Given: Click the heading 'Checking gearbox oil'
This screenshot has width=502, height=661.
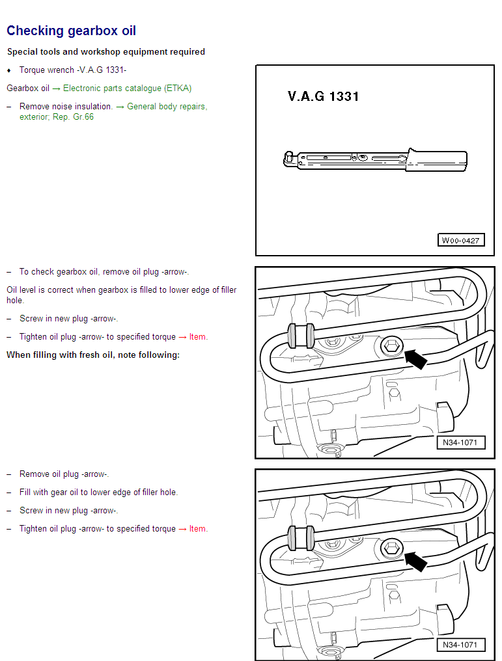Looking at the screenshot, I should [71, 31].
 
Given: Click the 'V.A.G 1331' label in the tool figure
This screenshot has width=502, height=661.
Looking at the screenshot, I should [323, 96].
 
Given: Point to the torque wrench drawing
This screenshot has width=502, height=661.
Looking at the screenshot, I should [376, 160].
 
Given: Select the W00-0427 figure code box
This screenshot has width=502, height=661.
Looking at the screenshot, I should [460, 240].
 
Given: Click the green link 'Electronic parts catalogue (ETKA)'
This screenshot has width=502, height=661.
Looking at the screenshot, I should [127, 88].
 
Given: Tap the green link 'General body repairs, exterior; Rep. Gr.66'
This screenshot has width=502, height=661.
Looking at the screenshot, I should [113, 111].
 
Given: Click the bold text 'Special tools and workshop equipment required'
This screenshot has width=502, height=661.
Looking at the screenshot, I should [105, 51].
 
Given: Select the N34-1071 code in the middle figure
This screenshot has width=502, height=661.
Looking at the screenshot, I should [460, 443].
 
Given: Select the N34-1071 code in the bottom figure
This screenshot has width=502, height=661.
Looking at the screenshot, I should [460, 645].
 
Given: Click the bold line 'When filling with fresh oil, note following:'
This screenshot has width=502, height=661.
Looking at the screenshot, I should [92, 355].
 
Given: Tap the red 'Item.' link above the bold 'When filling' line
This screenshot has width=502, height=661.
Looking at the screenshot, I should [199, 337].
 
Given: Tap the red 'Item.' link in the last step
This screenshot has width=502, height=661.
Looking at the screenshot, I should [199, 529].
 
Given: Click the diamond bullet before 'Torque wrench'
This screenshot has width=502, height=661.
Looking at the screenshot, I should [9, 70].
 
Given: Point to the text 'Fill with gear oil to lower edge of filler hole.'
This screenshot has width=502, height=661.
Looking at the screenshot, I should [98, 492].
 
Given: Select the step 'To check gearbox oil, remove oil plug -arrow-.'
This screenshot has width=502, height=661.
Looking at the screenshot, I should [104, 272].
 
